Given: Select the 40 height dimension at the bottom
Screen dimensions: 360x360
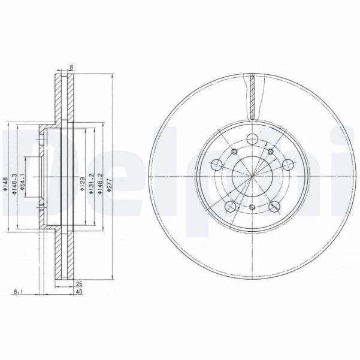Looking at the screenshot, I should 78,292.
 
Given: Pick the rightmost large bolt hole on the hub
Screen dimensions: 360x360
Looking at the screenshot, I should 288,164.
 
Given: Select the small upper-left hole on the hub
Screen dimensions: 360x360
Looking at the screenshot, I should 235,152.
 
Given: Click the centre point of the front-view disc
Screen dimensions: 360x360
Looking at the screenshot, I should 253,177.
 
